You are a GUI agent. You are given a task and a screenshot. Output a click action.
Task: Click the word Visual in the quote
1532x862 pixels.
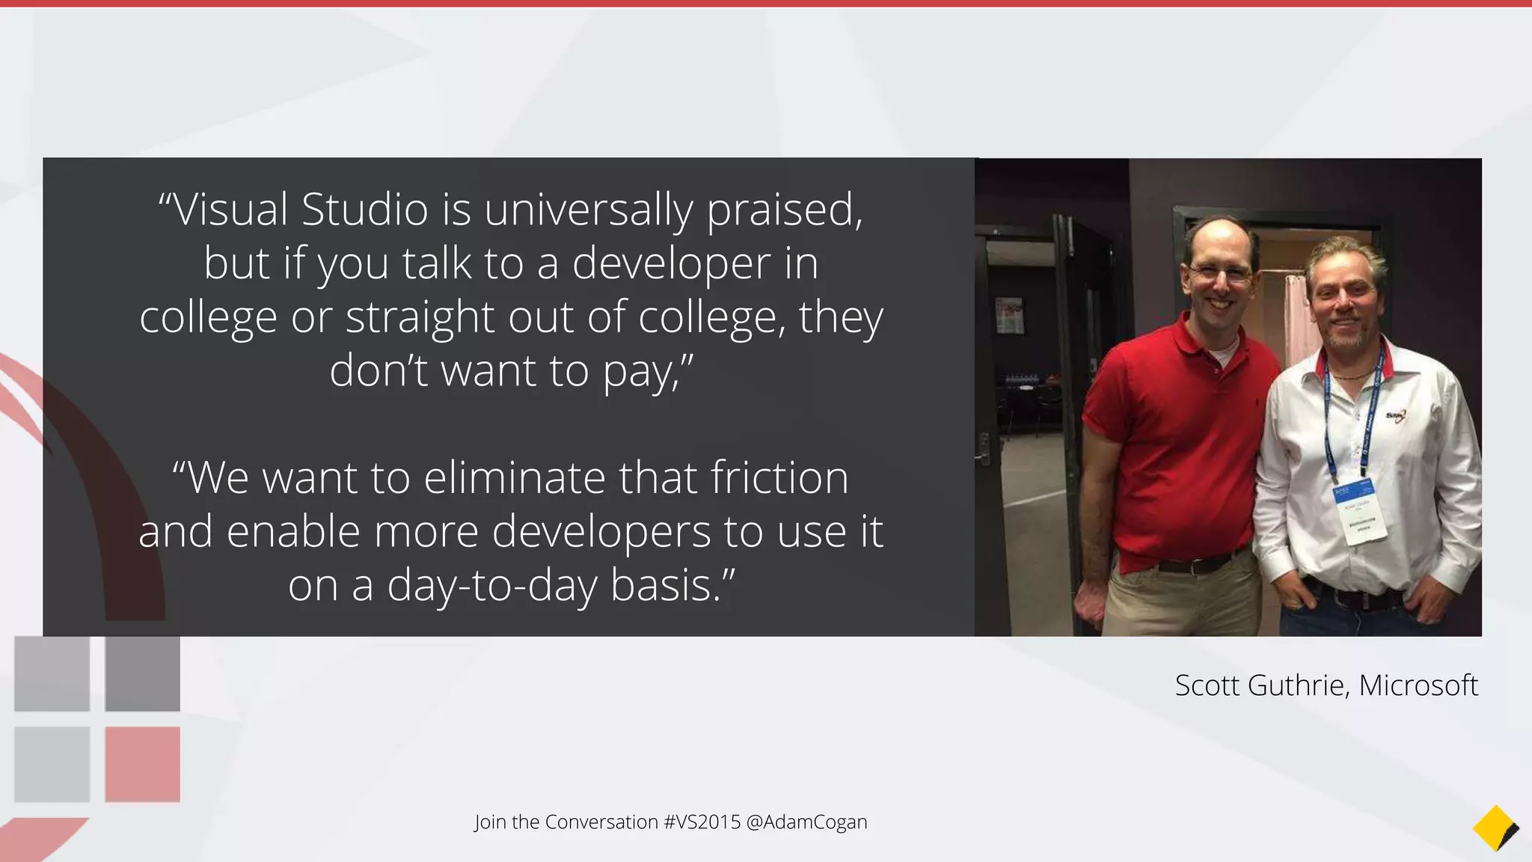point(231,210)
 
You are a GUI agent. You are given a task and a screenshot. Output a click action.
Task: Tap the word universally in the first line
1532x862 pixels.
point(589,210)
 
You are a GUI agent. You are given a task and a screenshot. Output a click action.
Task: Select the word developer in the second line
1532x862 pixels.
point(671,263)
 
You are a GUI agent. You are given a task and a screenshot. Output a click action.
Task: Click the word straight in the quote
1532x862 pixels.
point(420,317)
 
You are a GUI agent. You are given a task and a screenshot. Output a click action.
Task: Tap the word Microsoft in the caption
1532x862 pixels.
point(1418,685)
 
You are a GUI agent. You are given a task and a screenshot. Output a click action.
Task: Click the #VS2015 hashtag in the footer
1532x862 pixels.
point(702,822)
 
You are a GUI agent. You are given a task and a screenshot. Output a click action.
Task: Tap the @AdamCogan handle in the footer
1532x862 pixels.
point(806,822)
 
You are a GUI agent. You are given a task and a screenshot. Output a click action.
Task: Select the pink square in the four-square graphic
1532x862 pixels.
point(142,764)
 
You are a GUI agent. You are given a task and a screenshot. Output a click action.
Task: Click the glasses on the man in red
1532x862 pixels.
point(1219,273)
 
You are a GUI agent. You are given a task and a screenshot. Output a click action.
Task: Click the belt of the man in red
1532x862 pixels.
point(1197,563)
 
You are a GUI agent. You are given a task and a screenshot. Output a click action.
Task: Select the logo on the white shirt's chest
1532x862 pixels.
point(1396,415)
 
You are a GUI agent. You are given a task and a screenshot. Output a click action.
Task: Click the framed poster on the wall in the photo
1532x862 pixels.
point(1009,314)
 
